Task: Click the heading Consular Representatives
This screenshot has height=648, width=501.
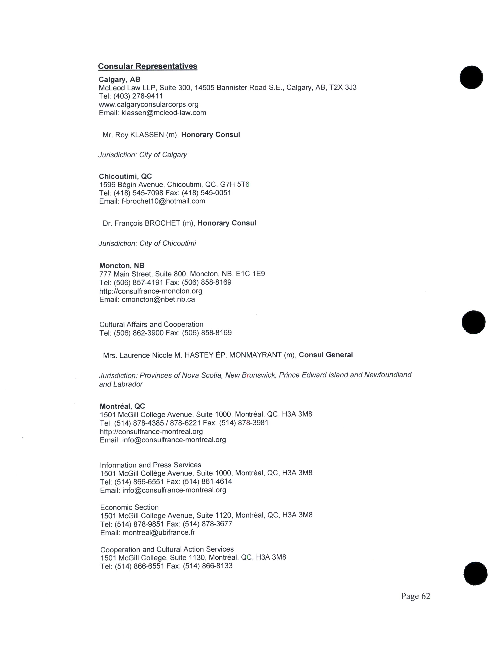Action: point(148,66)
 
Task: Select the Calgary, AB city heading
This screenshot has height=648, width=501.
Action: point(119,80)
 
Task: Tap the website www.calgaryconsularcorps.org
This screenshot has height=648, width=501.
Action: point(148,104)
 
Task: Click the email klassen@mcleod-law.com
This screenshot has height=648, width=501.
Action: point(163,113)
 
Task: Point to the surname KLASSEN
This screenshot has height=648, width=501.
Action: point(147,135)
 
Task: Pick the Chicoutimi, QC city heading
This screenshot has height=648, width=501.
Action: point(125,177)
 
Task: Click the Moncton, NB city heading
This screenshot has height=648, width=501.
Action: point(122,265)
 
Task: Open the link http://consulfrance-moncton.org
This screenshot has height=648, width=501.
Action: point(151,291)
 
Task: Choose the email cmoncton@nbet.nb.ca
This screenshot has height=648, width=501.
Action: point(158,299)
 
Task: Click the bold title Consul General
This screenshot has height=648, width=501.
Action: point(326,355)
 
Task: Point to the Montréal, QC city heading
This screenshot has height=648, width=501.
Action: point(122,406)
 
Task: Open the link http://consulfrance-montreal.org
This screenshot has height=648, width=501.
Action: point(151,431)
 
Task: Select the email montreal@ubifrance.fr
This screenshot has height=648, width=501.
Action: point(159,533)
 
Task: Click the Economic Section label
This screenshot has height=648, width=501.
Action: point(129,507)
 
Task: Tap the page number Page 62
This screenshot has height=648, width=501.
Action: point(415,596)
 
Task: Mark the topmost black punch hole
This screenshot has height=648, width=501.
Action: point(471,77)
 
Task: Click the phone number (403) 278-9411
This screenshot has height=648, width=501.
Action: point(138,96)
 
